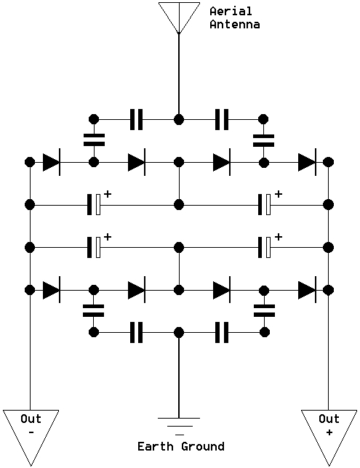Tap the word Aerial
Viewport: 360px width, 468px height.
tap(231, 12)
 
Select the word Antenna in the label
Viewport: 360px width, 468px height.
tap(234, 24)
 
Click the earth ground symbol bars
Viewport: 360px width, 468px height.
tap(179, 426)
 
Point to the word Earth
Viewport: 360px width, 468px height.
tap(156, 446)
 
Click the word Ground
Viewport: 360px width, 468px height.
tap(203, 446)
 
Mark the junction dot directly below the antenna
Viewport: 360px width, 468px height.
tap(179, 119)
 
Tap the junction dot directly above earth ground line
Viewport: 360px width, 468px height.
tap(179, 332)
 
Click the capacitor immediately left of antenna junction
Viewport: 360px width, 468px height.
tap(136, 119)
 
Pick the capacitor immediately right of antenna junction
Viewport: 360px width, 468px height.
tap(222, 119)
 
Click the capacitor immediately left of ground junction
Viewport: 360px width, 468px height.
tap(136, 332)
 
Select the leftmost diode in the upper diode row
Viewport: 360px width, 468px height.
tap(52, 162)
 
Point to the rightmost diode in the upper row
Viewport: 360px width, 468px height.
tap(308, 162)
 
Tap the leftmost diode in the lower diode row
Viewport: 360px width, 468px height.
tap(52, 290)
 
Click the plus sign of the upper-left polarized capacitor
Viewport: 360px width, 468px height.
tap(108, 194)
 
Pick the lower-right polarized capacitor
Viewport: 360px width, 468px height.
tap(265, 247)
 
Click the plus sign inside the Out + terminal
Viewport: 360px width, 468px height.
tap(329, 432)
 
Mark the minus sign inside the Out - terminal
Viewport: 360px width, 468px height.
tap(31, 432)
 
